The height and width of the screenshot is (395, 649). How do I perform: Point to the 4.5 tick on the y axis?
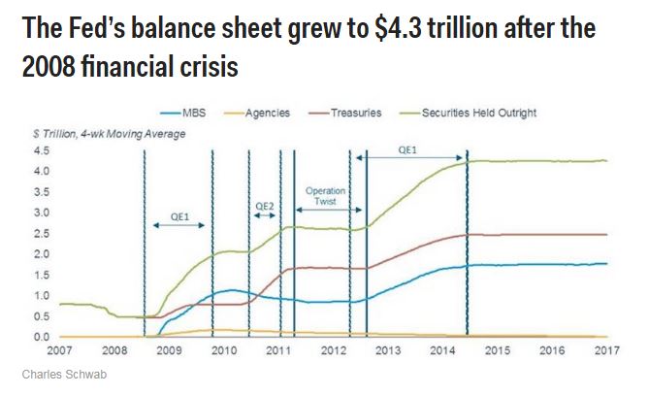tap(42, 151)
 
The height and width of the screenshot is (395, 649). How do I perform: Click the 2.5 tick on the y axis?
tap(42, 234)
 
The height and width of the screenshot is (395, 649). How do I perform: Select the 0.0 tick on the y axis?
tap(42, 337)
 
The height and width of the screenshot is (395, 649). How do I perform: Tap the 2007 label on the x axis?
tap(60, 350)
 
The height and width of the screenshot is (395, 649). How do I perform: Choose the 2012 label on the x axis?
tap(333, 350)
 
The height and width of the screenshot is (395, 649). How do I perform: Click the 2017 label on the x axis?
tap(606, 350)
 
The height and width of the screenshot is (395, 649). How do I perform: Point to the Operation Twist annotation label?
tap(325, 196)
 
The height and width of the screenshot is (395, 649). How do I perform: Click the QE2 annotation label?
tap(264, 207)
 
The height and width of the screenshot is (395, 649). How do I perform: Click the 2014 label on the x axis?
tap(442, 350)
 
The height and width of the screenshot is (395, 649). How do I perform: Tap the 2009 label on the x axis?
tap(169, 350)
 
